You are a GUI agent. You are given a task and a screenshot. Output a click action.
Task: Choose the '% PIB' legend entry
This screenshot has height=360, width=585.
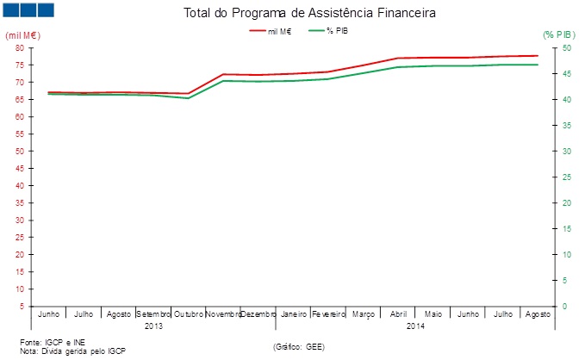tap(337, 31)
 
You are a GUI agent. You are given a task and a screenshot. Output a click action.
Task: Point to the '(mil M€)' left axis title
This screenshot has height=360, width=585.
tap(23, 34)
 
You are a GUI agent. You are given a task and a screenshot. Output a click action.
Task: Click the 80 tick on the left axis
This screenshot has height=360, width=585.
tap(19, 48)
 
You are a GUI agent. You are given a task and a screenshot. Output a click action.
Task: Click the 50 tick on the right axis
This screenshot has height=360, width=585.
tap(565, 48)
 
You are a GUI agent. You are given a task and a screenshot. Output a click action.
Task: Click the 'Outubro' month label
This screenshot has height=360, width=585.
tap(189, 314)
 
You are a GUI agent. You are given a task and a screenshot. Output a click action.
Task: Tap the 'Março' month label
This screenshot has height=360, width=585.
tap(363, 314)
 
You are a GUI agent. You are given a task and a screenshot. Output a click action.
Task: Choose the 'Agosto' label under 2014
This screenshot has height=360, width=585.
tap(537, 314)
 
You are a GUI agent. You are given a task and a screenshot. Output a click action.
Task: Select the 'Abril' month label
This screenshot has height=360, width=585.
tap(398, 314)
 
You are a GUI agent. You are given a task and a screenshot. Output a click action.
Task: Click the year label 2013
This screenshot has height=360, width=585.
tap(153, 326)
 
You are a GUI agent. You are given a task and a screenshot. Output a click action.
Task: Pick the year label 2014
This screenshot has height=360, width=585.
tap(415, 326)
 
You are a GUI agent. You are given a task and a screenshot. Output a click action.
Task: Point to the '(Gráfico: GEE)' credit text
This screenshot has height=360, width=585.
tap(298, 346)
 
